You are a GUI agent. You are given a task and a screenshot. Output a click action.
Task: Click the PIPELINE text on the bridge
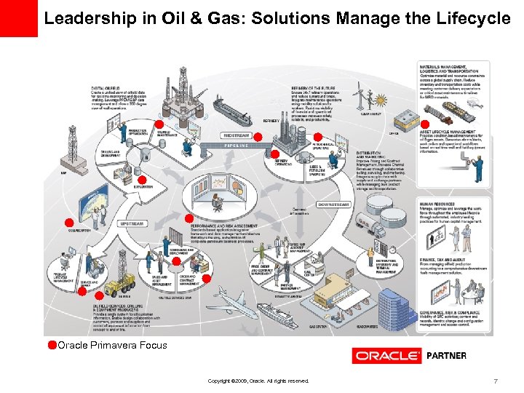coord(238,146)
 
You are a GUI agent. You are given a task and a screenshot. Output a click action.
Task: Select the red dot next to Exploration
coord(143,180)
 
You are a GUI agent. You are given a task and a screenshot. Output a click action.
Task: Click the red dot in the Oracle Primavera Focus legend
coord(52,345)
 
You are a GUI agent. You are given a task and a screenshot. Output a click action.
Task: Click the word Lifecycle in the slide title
coord(472,19)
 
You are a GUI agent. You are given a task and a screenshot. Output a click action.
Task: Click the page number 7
coord(495,381)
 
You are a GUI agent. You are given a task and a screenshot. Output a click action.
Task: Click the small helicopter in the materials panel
coord(473,106)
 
